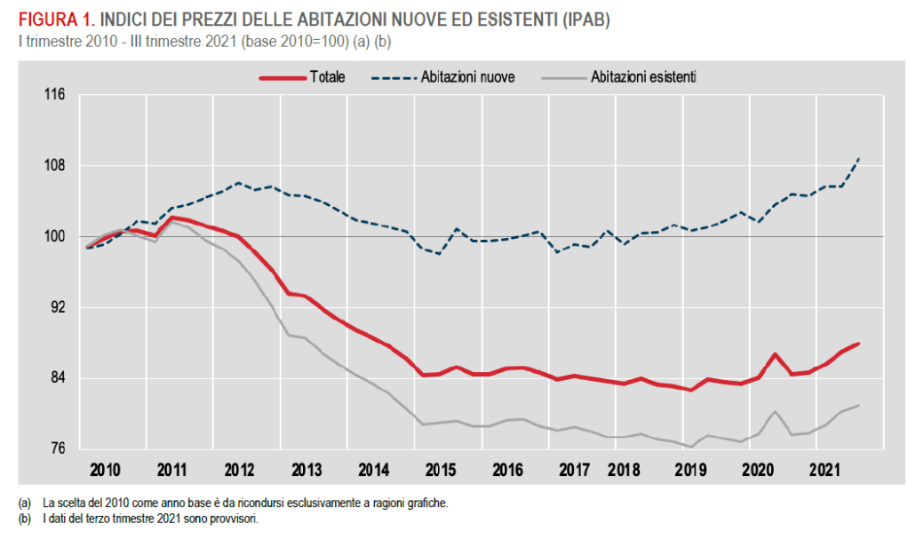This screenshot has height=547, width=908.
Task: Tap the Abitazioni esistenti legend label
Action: click(642, 77)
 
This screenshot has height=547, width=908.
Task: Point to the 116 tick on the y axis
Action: click(54, 95)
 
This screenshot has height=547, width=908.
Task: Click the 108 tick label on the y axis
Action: click(54, 166)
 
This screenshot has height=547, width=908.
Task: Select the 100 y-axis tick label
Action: click(54, 237)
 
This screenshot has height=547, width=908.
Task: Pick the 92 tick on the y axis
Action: click(58, 308)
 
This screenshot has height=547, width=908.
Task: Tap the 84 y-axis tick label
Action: click(58, 379)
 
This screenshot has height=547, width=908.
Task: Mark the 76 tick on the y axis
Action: click(58, 449)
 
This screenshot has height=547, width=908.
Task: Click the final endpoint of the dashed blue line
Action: click(858, 159)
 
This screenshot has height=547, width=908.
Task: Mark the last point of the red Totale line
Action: click(858, 344)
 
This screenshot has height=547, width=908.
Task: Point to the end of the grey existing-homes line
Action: click(858, 406)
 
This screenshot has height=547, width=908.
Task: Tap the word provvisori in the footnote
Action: click(237, 519)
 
